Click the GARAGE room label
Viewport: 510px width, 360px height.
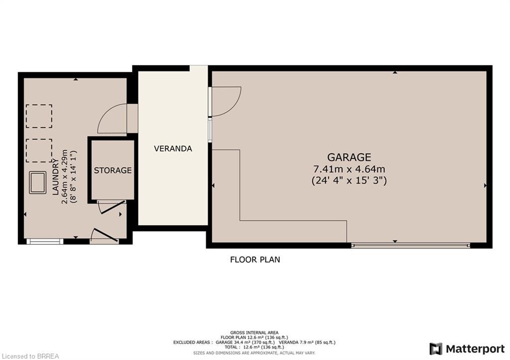349,157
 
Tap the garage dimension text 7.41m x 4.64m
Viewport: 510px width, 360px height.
349,169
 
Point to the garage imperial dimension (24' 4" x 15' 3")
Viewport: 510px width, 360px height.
349,180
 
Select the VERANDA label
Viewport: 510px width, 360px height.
173,148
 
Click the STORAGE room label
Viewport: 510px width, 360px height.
113,170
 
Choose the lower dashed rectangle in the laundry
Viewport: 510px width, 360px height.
39,151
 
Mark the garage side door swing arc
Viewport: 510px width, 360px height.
227,101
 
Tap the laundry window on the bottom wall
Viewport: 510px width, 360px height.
45,241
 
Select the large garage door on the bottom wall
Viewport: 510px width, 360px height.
410,245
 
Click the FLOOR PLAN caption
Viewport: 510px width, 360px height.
255,259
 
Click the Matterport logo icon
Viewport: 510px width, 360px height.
436,349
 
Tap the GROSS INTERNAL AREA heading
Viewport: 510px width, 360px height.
254,333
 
